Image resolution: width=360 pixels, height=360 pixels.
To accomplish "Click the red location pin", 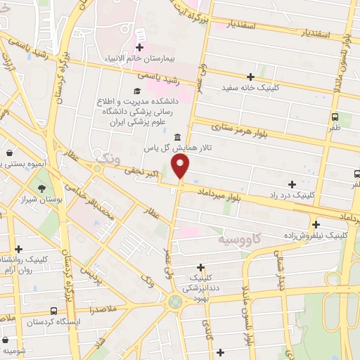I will tap(181, 166).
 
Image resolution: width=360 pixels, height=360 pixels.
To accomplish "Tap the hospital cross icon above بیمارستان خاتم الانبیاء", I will tap(139, 47).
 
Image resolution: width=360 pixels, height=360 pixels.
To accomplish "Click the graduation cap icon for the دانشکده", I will tap(137, 91).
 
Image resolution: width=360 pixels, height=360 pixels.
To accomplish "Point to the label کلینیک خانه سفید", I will tap(250, 88).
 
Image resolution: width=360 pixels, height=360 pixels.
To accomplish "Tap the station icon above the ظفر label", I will tap(334, 117).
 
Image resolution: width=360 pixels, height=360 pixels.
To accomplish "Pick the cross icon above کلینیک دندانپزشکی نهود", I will tap(201, 266).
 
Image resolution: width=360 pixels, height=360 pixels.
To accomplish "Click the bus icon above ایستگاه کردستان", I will tap(53, 311).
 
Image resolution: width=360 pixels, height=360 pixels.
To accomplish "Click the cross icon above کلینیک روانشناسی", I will tap(18, 249).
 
